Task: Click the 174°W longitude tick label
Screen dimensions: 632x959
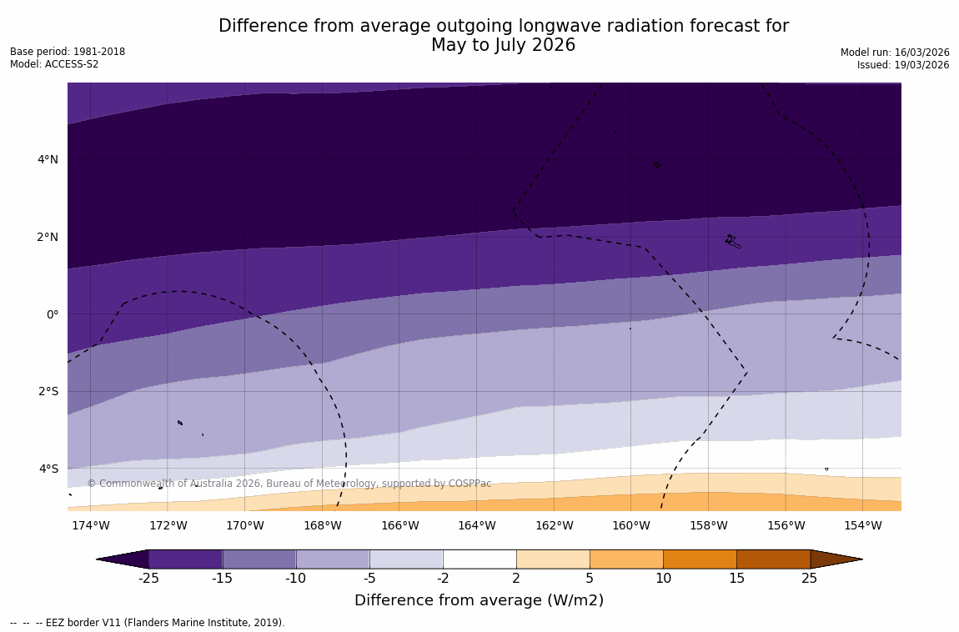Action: (90, 525)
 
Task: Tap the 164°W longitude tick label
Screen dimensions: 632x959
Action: (476, 525)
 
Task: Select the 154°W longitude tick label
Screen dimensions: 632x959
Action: (862, 525)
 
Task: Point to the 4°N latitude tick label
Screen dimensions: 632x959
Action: (48, 159)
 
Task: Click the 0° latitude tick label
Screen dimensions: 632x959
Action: (53, 314)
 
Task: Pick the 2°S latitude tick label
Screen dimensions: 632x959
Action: (48, 391)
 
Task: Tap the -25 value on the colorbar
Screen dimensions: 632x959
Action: (148, 579)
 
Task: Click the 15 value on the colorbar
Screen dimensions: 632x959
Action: (736, 579)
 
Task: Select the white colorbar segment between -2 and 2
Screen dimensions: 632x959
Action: (479, 559)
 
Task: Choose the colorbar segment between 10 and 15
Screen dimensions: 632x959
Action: (700, 559)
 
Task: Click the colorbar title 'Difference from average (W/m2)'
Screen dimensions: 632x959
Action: (479, 600)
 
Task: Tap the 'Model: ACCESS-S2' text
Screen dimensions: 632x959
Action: (54, 64)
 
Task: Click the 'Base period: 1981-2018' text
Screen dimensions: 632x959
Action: (68, 52)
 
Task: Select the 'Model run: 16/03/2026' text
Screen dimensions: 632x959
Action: (895, 53)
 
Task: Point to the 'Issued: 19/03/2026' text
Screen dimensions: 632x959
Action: (903, 65)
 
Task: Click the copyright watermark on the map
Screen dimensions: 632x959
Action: (289, 484)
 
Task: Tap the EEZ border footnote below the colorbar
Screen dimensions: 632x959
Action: (148, 623)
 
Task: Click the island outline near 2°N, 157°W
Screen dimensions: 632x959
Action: (732, 242)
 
